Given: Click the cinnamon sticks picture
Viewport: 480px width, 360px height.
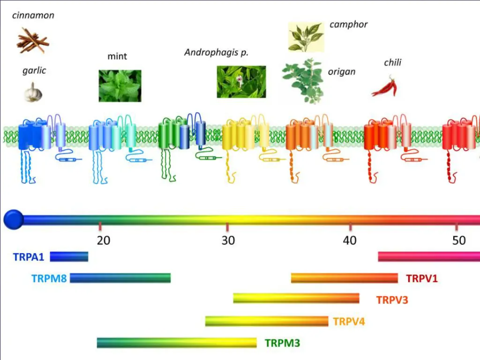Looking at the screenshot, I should pyautogui.click(x=32, y=40).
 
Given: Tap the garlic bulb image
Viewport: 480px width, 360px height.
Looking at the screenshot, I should pyautogui.click(x=33, y=92).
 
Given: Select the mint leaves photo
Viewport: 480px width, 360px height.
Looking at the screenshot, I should pyautogui.click(x=120, y=86).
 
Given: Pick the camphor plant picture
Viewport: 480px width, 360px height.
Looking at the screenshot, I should pyautogui.click(x=306, y=36).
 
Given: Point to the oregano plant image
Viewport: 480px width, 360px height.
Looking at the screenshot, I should pyautogui.click(x=303, y=80).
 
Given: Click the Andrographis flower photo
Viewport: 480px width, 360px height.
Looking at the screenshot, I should pyautogui.click(x=241, y=82).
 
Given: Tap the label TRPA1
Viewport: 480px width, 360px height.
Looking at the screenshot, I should pyautogui.click(x=29, y=257).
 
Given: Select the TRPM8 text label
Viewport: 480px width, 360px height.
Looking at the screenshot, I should pyautogui.click(x=49, y=278).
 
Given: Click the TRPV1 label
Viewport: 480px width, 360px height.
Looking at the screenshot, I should pyautogui.click(x=422, y=279).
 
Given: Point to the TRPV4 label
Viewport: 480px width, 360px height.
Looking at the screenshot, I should pyautogui.click(x=349, y=322).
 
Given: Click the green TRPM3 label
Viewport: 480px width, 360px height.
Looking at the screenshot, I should pyautogui.click(x=282, y=343).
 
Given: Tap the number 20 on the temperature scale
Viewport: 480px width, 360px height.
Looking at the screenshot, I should pyautogui.click(x=104, y=240).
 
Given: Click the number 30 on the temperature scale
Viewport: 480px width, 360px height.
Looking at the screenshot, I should pyautogui.click(x=228, y=240).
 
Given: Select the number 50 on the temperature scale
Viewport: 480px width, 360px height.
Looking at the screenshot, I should pyautogui.click(x=459, y=240).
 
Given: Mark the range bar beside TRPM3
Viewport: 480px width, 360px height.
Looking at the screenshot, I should pyautogui.click(x=177, y=343).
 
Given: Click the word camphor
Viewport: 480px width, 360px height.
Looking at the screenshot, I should pyautogui.click(x=348, y=24).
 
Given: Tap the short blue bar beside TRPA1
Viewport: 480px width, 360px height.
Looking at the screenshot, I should pyautogui.click(x=69, y=256).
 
